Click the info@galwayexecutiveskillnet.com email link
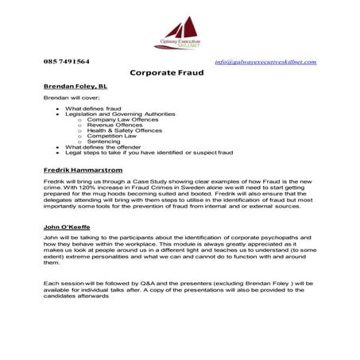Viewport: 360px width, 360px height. [265, 62]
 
